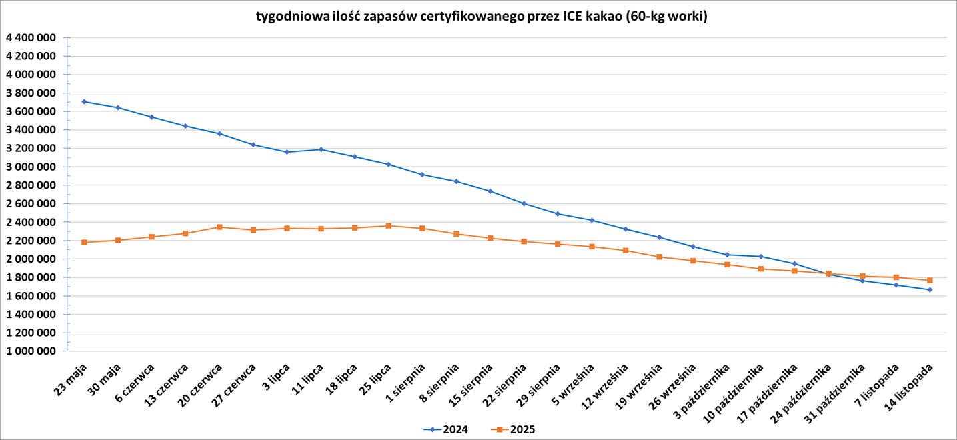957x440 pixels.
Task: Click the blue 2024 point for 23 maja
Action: tap(84, 101)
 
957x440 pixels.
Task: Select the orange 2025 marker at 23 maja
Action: tap(84, 242)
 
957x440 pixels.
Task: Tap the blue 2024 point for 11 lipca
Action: tap(321, 149)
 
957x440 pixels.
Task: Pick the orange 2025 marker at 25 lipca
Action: tap(389, 226)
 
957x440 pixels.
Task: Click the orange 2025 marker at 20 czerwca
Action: tap(219, 227)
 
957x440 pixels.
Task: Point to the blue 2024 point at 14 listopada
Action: tap(930, 289)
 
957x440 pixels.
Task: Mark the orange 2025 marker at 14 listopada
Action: tap(930, 280)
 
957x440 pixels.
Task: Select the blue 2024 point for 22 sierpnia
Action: tap(524, 203)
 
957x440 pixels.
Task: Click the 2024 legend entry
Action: tap(446, 429)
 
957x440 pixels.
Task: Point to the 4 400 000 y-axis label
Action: tap(30, 38)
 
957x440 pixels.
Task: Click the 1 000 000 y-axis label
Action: tap(30, 351)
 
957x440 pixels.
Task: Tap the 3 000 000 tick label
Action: tap(30, 167)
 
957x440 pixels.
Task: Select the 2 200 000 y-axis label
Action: tap(30, 241)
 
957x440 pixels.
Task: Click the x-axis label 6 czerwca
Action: tap(136, 383)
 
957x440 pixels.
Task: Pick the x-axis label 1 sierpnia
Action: tap(407, 383)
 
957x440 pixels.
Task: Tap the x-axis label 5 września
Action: tap(576, 385)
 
